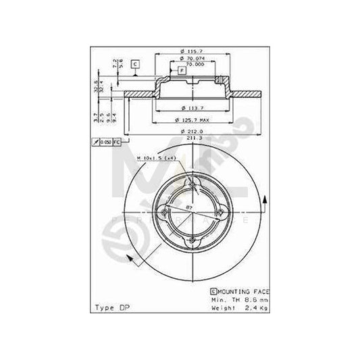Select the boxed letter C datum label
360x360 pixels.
(135, 64)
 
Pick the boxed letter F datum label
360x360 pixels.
(181, 70)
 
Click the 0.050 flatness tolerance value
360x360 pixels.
(105, 143)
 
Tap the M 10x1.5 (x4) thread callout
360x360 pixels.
(157, 157)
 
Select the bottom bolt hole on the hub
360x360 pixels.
(194, 240)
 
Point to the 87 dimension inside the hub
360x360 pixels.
(188, 209)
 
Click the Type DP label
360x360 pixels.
(111, 307)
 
